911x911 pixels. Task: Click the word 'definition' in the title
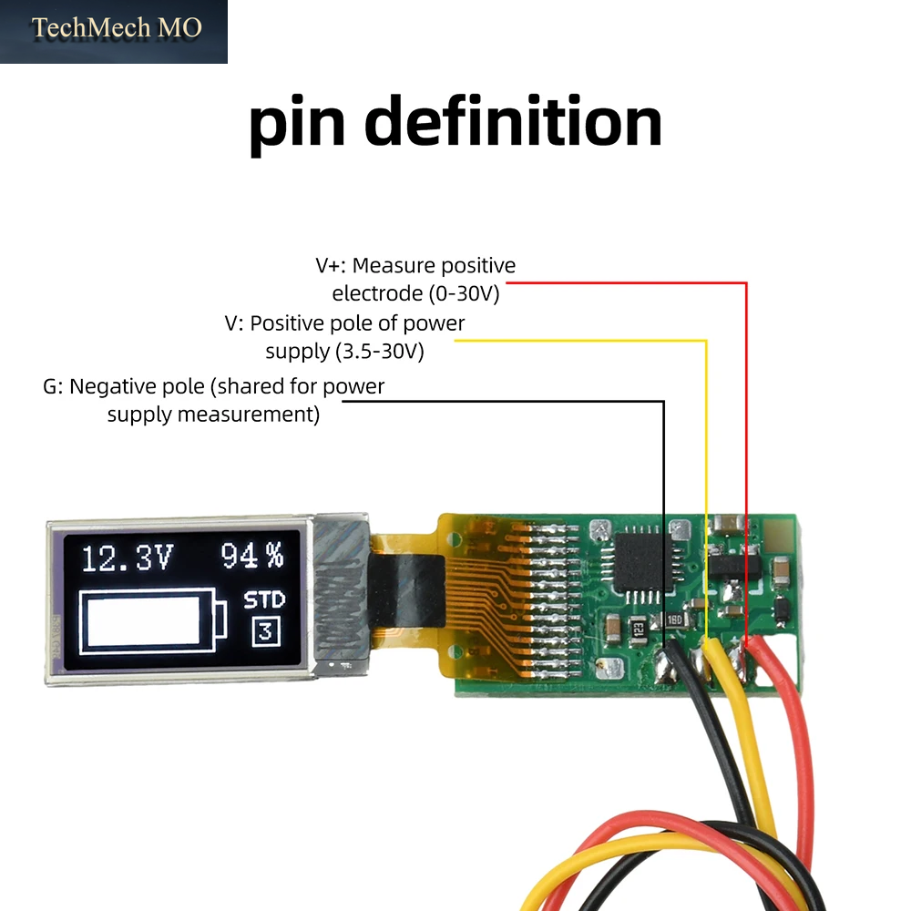pyautogui.click(x=513, y=121)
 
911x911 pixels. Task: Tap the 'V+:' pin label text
pyautogui.click(x=331, y=265)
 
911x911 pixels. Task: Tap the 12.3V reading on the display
pyautogui.click(x=128, y=558)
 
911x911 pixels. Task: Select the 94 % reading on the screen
pyautogui.click(x=252, y=556)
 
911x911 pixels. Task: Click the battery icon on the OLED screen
pyautogui.click(x=153, y=621)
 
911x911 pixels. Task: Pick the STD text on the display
pyautogui.click(x=264, y=599)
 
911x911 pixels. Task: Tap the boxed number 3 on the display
pyautogui.click(x=266, y=631)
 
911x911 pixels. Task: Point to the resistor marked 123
pyautogui.click(x=638, y=630)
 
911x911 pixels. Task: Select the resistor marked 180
pyautogui.click(x=674, y=619)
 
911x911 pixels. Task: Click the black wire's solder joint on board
pyautogui.click(x=665, y=665)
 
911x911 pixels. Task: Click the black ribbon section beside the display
pyautogui.click(x=406, y=591)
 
